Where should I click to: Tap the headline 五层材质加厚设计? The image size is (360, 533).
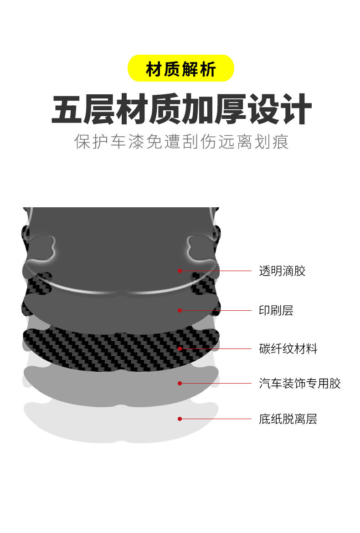point(181,109)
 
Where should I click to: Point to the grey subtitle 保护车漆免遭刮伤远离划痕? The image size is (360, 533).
point(181,142)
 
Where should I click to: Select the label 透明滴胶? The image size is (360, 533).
point(282,271)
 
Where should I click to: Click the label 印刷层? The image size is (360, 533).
point(276,311)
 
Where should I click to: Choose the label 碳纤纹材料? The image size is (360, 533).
point(288,349)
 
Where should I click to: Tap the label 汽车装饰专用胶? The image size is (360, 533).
point(300,384)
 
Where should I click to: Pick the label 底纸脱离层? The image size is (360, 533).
point(288,419)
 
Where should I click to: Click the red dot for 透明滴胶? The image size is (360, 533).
point(180,271)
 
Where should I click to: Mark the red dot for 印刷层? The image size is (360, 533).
point(180,310)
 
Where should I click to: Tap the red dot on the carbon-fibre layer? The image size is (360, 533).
point(180,349)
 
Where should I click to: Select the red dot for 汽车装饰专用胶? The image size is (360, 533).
point(180,383)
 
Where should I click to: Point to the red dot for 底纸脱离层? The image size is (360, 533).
point(180,419)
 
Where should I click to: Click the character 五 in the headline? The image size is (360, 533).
point(67,109)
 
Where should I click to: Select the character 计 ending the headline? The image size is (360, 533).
point(296,109)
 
